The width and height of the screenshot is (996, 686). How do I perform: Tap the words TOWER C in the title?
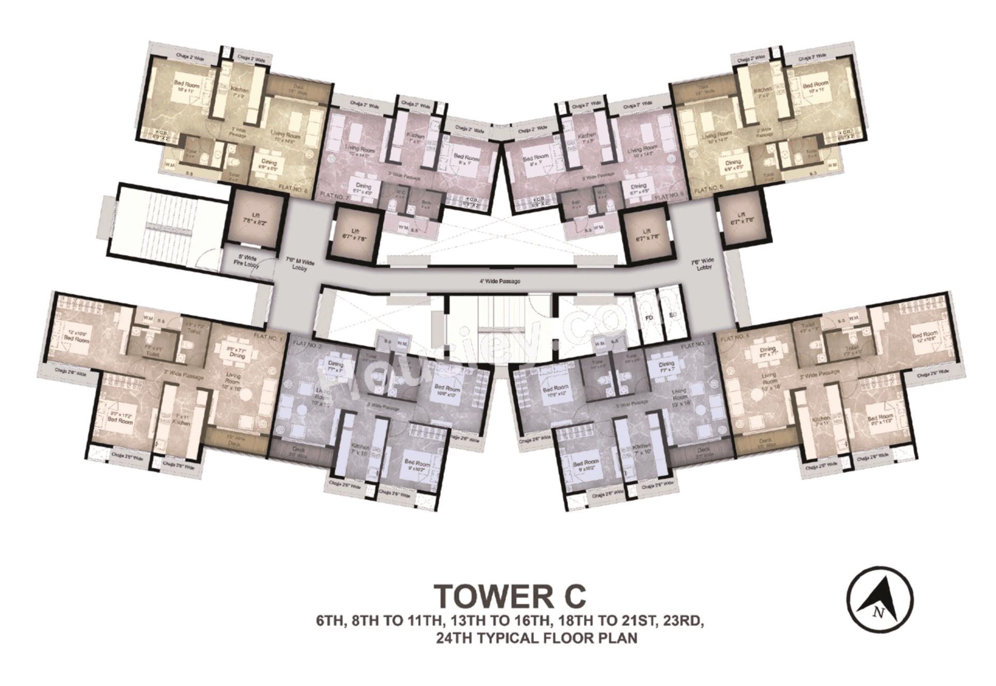pos(510,596)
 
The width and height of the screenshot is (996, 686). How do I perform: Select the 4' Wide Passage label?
pos(499,282)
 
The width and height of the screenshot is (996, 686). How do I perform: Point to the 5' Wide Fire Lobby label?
pos(248,261)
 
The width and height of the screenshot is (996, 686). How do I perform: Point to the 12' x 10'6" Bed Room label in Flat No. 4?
pos(925,338)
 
